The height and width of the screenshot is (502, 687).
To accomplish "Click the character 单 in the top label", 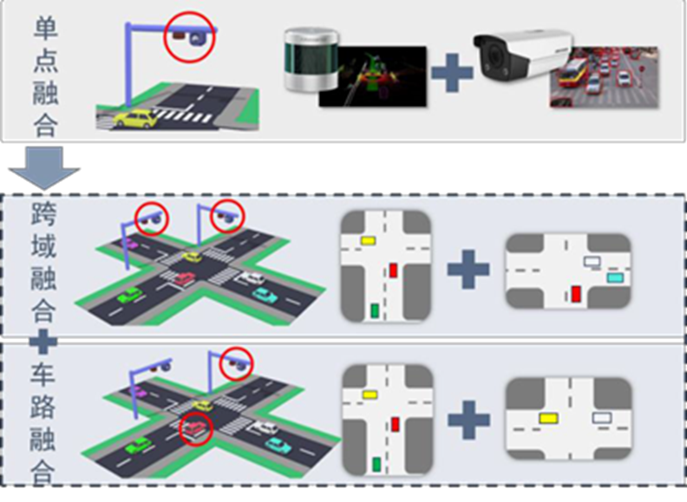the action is [x=45, y=31].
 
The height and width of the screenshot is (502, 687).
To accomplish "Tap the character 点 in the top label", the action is [x=45, y=62].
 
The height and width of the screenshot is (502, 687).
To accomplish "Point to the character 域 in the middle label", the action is [x=43, y=247].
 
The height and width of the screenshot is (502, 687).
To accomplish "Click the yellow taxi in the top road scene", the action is [x=133, y=119].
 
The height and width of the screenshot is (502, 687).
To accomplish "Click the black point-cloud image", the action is [x=373, y=76].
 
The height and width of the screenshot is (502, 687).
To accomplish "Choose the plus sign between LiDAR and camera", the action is [x=451, y=73].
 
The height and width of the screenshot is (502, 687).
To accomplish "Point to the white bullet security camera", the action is [x=520, y=52].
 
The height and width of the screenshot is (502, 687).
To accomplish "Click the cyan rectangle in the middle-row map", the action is [x=614, y=277].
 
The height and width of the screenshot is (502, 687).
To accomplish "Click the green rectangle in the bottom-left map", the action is [x=375, y=466].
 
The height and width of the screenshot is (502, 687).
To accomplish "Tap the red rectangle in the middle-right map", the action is [x=576, y=294].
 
